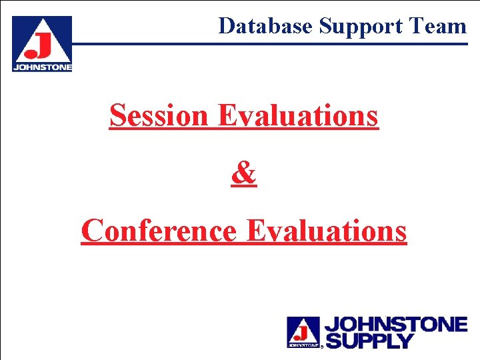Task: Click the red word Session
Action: point(159,115)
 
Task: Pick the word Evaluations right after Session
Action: point(297,115)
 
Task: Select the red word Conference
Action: point(159,231)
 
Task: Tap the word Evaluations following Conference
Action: point(326,231)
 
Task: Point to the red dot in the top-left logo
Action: point(30,53)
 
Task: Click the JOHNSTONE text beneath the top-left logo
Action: point(42,67)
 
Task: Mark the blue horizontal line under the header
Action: point(267,44)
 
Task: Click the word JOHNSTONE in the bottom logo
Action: point(395,325)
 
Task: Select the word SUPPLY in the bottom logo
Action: point(369,341)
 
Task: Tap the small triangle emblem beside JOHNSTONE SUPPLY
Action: point(303,331)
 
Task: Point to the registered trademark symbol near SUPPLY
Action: point(323,347)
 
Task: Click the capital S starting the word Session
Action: point(118,115)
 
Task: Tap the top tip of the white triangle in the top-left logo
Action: point(42,19)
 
